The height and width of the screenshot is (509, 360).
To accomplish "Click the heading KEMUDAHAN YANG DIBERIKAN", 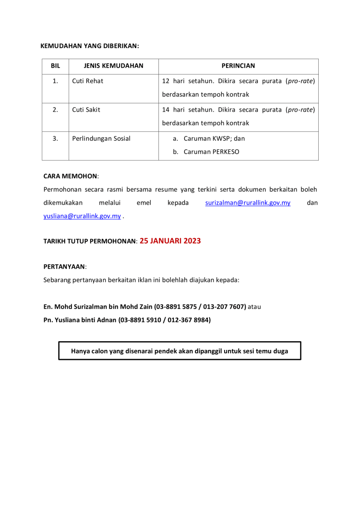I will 90,46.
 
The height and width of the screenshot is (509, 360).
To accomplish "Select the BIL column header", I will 55,66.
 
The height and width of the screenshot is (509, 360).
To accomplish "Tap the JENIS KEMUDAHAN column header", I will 114,66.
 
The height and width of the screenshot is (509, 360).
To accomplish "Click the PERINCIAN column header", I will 239,66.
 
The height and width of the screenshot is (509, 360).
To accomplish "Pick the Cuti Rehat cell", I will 88,81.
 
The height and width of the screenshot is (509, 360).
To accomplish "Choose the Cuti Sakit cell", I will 86,110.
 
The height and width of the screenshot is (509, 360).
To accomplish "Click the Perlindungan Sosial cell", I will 101,139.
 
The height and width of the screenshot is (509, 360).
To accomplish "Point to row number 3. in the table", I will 55,139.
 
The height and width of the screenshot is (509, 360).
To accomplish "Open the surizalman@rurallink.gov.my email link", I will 248,203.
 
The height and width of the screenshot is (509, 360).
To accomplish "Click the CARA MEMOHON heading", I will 70,176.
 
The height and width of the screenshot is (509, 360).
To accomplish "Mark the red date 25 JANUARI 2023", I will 170,241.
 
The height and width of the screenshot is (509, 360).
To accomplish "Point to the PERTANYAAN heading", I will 64,266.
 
